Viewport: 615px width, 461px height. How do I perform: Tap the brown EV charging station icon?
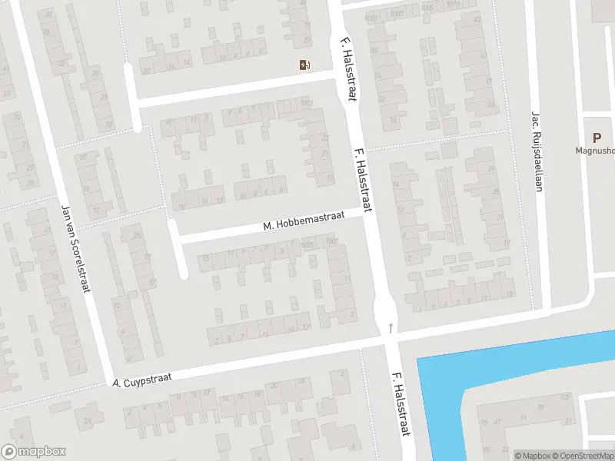click(x=304, y=65)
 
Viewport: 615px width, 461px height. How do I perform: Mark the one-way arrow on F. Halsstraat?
click(x=391, y=328)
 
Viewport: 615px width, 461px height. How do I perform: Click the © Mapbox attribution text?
click(x=534, y=456)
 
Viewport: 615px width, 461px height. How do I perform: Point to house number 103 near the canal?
click(x=566, y=396)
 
